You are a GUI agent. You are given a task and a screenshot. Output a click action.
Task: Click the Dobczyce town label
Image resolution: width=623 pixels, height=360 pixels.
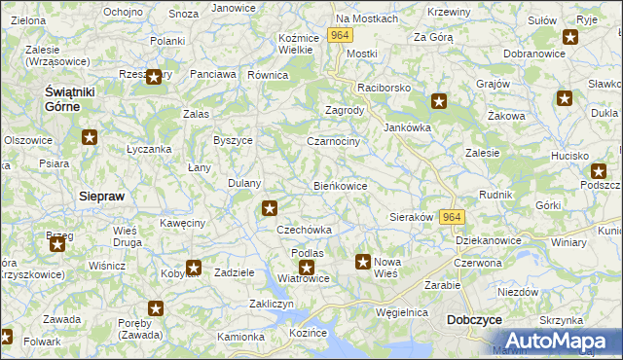(473, 319)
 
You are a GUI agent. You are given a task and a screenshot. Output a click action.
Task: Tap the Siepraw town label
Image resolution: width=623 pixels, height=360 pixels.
(101, 196)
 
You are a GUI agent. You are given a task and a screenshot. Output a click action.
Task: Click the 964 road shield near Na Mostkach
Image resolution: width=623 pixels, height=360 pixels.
(339, 34)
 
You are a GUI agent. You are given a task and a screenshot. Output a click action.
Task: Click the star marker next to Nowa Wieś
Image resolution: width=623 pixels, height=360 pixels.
(363, 261)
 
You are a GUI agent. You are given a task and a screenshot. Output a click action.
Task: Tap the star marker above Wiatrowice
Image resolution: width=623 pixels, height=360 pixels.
(307, 267)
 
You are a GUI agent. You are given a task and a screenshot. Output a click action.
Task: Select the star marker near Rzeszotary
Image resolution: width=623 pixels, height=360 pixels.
(153, 77)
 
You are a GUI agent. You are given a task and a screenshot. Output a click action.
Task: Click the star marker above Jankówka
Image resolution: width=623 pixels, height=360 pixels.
(439, 100)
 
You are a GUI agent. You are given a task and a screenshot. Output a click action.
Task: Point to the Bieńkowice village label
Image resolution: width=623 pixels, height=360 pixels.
(340, 186)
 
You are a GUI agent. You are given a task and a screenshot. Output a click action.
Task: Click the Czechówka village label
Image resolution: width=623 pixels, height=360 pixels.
(305, 230)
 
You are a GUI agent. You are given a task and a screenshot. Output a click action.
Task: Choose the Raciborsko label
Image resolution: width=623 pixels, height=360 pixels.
(387, 87)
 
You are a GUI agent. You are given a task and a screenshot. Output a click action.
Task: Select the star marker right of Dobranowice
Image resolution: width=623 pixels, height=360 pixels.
(569, 38)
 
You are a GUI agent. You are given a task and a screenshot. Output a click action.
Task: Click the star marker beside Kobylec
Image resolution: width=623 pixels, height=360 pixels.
(194, 268)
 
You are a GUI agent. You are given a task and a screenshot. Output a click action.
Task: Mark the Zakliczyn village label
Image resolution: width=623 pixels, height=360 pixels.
(272, 304)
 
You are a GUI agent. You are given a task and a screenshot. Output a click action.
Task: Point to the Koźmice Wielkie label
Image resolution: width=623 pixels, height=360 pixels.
(295, 43)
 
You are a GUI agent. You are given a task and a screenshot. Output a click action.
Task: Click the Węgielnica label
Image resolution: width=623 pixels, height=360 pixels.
(403, 312)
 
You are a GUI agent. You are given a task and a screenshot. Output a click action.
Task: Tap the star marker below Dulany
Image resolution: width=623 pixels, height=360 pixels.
(270, 207)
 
